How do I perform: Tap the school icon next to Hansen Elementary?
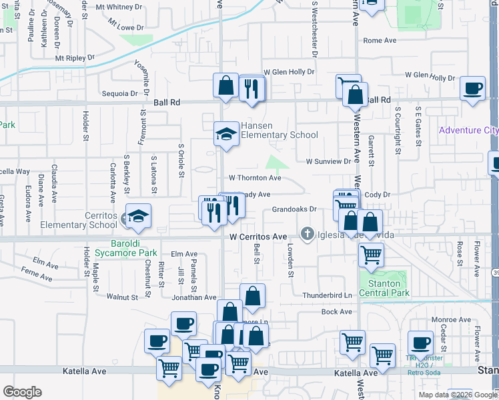point(226,133)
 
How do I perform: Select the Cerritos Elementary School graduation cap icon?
point(139,216)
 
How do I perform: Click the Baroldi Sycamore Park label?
point(125,248)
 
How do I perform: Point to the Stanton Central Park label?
point(384,288)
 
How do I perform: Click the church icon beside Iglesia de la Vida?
point(307,233)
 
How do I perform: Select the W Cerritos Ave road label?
point(258,237)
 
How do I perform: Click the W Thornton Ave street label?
point(255,178)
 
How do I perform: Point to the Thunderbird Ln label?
point(327,295)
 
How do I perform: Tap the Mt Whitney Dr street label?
point(120,7)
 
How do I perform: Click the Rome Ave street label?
point(380,41)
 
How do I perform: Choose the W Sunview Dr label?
point(328,161)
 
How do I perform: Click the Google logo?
point(22,392)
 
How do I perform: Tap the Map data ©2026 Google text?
point(458,395)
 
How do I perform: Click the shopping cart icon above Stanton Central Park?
point(371,253)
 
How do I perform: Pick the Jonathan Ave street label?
point(193,297)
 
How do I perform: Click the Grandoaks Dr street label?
point(294,209)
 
